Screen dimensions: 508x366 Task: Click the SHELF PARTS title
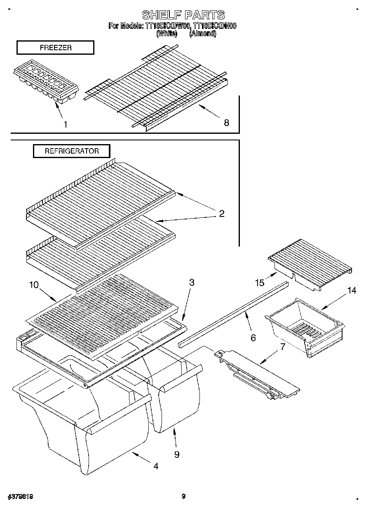tap(183, 16)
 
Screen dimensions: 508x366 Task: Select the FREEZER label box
tap(55, 48)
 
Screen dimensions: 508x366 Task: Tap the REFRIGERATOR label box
tap(72, 151)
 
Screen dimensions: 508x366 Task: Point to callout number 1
tap(65, 124)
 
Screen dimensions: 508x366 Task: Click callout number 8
tap(226, 122)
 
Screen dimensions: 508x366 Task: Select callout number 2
tap(222, 213)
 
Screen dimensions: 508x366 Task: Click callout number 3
tap(192, 282)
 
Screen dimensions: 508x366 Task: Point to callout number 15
tap(259, 282)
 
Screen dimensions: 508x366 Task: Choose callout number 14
tap(351, 291)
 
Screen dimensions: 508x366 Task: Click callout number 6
tap(253, 338)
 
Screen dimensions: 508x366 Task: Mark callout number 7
tap(282, 346)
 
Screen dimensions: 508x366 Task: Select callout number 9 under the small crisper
tap(176, 454)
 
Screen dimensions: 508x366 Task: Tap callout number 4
tap(155, 466)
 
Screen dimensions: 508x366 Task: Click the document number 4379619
tap(20, 497)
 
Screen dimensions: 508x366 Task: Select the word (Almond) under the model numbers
tap(202, 34)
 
